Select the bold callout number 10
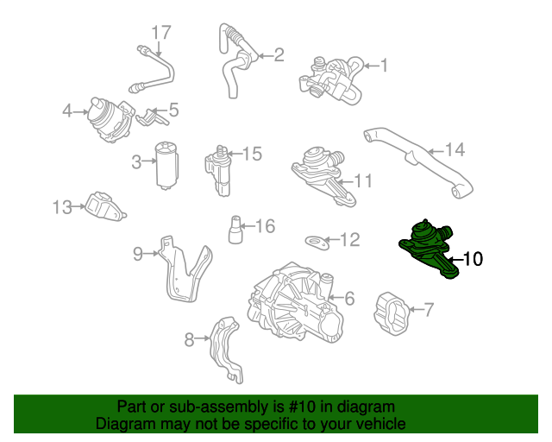[474, 258]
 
